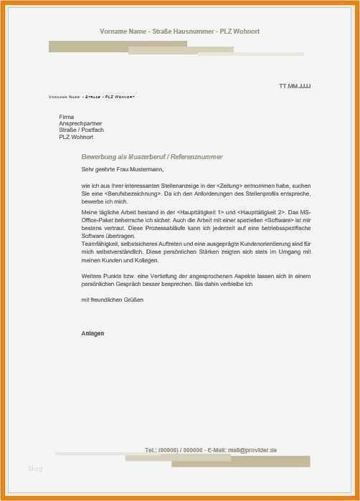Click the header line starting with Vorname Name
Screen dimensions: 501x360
click(x=179, y=32)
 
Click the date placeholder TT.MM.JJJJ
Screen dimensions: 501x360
click(x=295, y=86)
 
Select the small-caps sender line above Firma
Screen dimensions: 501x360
click(x=91, y=97)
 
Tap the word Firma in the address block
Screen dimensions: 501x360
click(x=66, y=116)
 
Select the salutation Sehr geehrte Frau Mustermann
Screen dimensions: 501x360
click(x=123, y=170)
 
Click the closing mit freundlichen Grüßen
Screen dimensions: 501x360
click(x=113, y=300)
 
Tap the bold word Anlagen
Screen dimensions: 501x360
click(x=93, y=333)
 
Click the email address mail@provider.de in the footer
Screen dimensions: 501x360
click(x=252, y=450)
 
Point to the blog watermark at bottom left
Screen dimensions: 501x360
click(x=35, y=469)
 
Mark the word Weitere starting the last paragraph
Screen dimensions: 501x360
click(x=92, y=276)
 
